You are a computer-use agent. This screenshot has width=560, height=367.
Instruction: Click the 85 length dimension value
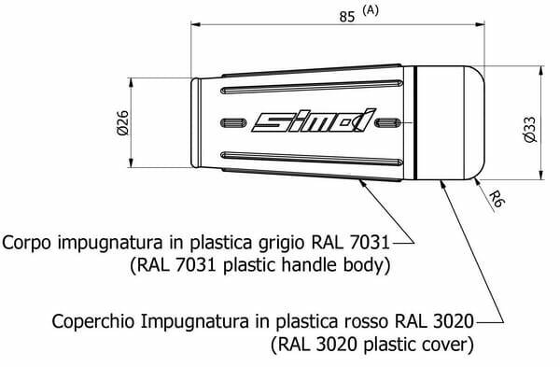click(347, 17)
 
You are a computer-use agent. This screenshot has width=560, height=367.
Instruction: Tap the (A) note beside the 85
click(370, 10)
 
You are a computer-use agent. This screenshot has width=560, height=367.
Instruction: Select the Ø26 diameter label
click(122, 123)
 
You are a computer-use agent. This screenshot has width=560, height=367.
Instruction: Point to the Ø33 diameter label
click(530, 130)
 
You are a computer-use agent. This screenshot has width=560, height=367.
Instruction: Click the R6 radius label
click(497, 199)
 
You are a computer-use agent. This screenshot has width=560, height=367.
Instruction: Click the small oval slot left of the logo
click(233, 123)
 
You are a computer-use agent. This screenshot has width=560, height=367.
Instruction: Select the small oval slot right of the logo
click(388, 123)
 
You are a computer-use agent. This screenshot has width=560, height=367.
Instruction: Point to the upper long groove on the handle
click(312, 87)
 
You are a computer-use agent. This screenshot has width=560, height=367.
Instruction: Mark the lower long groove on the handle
click(312, 159)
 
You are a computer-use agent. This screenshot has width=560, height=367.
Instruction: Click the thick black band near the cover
click(415, 122)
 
